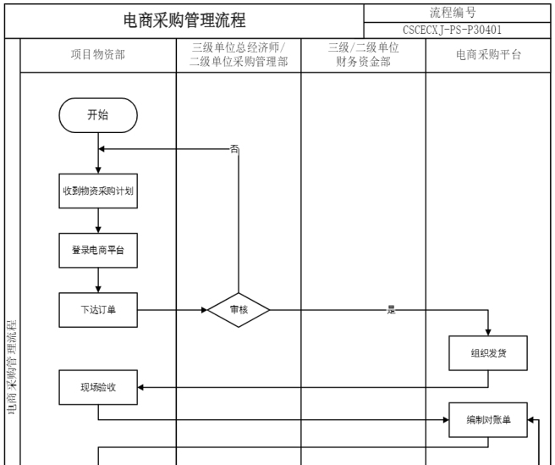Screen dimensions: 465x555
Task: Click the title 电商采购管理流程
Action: point(184,20)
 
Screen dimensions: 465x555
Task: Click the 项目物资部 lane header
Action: point(98,55)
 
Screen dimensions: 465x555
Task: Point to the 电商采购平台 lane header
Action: point(489,55)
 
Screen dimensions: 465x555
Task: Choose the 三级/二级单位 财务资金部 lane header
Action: point(363,55)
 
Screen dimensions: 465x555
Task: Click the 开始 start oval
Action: point(98,116)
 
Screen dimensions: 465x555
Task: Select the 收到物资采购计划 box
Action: point(98,191)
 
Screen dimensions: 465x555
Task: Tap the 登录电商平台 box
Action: point(98,251)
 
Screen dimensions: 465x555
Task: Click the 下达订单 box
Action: point(98,310)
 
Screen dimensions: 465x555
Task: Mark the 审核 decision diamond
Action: point(239,310)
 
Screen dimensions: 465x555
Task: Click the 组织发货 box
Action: point(488,353)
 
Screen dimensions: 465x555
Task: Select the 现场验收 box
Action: point(98,388)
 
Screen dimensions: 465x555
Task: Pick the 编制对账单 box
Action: point(488,419)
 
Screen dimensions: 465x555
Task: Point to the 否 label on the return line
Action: point(234,149)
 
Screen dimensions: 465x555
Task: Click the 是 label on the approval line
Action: point(391,310)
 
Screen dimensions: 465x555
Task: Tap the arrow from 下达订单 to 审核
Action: point(173,310)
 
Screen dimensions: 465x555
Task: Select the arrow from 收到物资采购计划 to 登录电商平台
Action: point(98,220)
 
